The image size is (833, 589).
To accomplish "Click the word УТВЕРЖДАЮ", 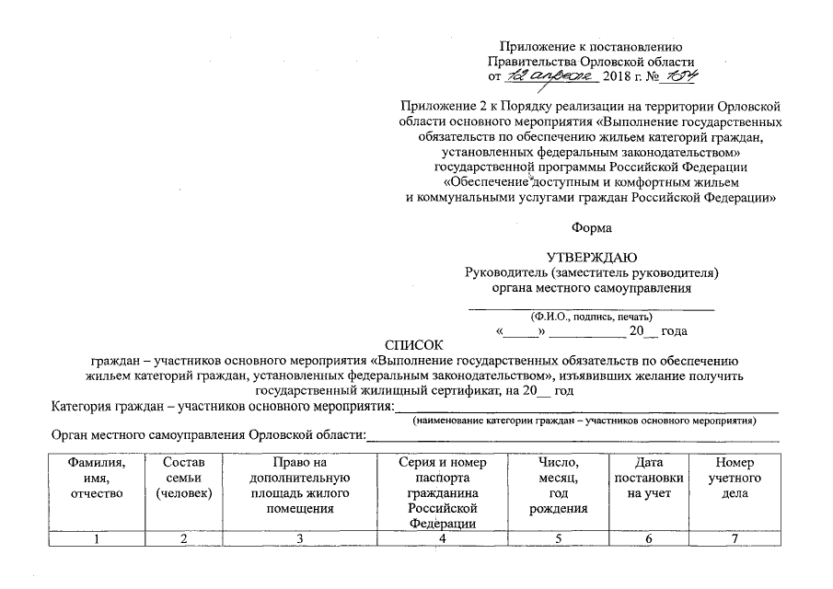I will [590, 257].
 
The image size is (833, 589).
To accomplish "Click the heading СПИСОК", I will [415, 345].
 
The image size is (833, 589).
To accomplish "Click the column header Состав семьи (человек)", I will [184, 479].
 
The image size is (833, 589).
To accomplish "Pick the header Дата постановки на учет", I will [648, 479].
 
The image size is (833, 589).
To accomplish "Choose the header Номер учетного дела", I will [735, 479].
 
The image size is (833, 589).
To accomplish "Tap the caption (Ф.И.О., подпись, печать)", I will [590, 315].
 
